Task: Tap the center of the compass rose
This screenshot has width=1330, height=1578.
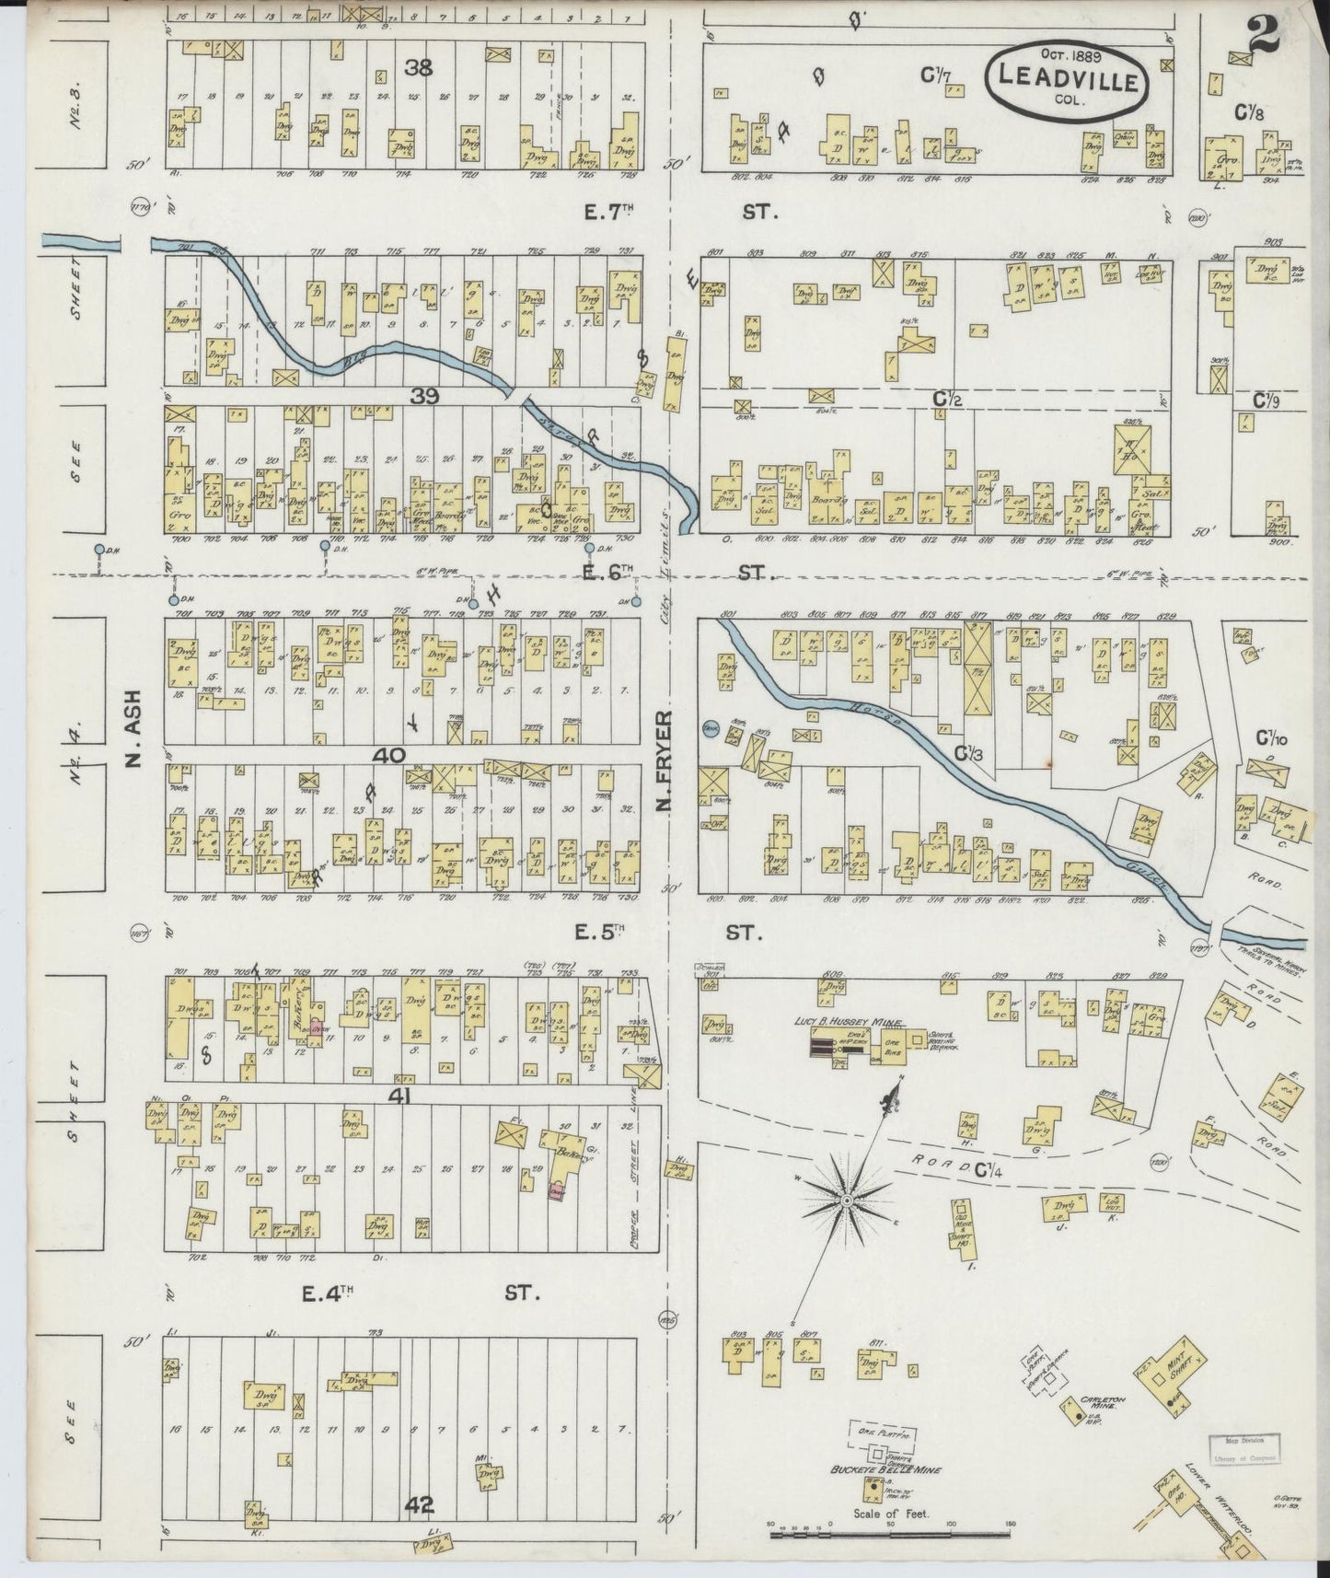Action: [x=845, y=1201]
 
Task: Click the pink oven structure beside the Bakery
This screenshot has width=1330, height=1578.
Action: [x=556, y=1190]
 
